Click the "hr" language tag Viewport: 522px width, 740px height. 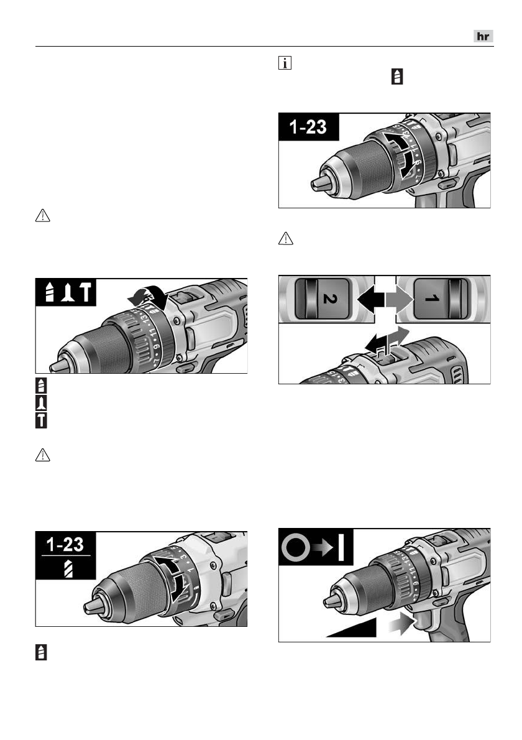[x=482, y=37]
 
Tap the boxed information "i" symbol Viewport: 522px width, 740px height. [x=283, y=64]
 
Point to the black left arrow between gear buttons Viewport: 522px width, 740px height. [x=371, y=298]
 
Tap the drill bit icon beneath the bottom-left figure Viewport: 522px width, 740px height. [x=41, y=652]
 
